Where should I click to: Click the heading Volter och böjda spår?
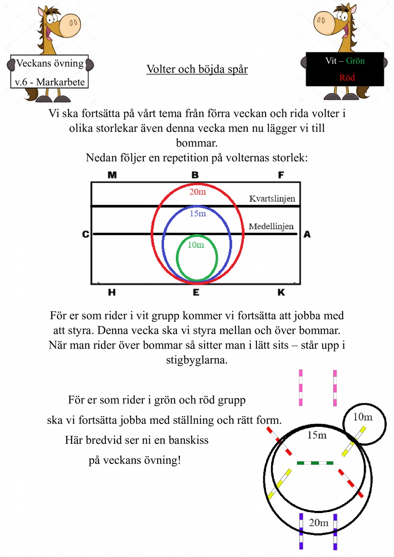197,69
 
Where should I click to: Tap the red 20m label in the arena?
198,192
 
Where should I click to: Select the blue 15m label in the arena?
198,213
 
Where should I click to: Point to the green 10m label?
196,245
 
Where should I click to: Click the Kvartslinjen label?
272,198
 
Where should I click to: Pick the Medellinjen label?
271,226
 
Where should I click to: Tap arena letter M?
112,175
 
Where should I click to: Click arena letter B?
195,175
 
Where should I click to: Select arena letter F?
281,175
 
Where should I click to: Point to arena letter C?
86,234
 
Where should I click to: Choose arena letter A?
307,234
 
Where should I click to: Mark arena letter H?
112,292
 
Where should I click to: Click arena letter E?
196,292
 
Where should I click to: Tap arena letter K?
281,292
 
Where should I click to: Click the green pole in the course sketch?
315,463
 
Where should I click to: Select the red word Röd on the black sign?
347,78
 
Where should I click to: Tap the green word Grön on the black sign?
355,61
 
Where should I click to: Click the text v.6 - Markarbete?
50,82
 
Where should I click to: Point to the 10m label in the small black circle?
363,417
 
